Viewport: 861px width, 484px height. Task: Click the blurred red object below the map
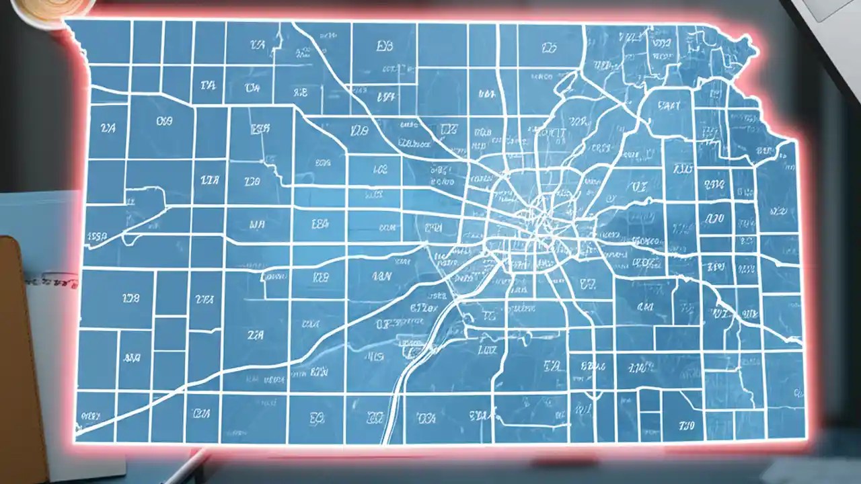click(x=558, y=462)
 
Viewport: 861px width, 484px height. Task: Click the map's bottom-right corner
click(x=803, y=440)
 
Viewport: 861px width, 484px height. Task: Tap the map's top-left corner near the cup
click(x=67, y=24)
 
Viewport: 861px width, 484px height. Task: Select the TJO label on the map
click(x=686, y=426)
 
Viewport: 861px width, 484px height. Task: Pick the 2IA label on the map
click(x=255, y=334)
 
